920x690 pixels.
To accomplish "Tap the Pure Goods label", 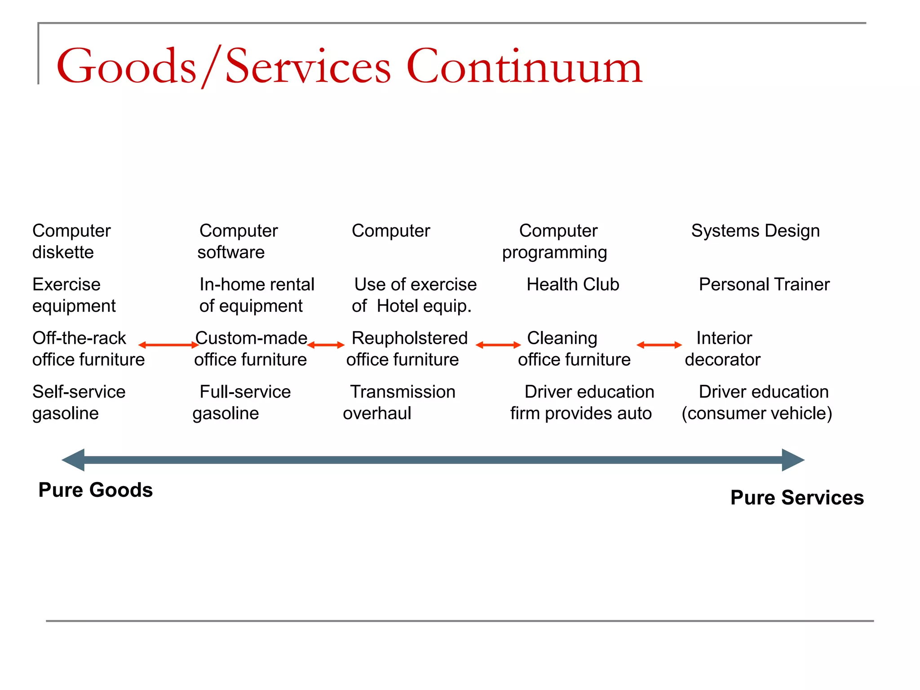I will pos(95,490).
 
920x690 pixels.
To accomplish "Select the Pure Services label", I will pos(796,498).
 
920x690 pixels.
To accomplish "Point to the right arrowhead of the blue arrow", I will pos(792,460).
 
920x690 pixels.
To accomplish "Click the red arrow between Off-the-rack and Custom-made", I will pos(168,345).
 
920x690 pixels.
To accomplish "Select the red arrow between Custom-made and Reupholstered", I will pos(326,345).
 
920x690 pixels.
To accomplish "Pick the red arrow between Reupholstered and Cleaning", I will pos(498,345).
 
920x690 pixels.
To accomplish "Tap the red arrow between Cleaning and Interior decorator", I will pos(659,345).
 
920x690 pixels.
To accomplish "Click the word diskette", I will pos(63,252).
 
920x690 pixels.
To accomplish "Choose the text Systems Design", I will pos(755,231).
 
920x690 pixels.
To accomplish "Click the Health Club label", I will pos(573,285).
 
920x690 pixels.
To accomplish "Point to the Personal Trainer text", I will pos(764,285).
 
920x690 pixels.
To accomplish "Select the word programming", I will pos(554,253).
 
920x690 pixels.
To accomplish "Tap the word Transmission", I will pos(402,392).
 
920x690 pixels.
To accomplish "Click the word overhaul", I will pos(377,414).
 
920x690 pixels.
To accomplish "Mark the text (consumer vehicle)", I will pos(756,414).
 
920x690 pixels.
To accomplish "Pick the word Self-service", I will pos(79,392).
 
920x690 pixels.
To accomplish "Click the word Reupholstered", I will pos(409,338).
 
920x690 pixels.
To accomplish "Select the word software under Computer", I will pos(231,252).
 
